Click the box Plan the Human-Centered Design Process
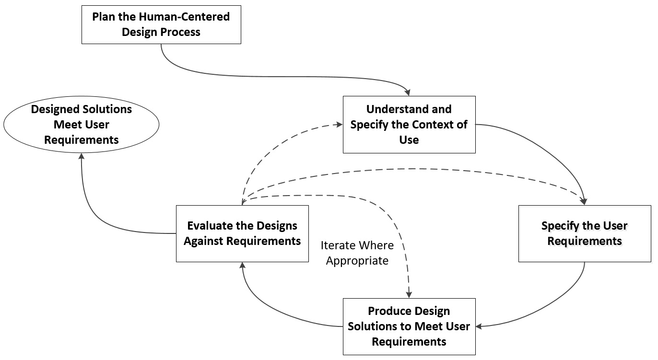[x=161, y=24]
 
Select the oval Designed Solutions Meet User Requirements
[x=81, y=125]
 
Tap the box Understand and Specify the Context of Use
[x=409, y=125]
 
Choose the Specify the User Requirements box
[x=585, y=233]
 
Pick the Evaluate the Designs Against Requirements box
[x=242, y=233]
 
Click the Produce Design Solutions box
[x=409, y=326]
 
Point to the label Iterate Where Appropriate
[x=357, y=253]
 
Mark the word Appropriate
[x=357, y=261]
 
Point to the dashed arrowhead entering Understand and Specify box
[x=339, y=124]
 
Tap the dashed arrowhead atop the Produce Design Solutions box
[x=409, y=294]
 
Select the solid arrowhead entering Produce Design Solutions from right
[x=479, y=326]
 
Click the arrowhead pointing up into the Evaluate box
[x=243, y=266]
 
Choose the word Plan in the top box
[x=102, y=17]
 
